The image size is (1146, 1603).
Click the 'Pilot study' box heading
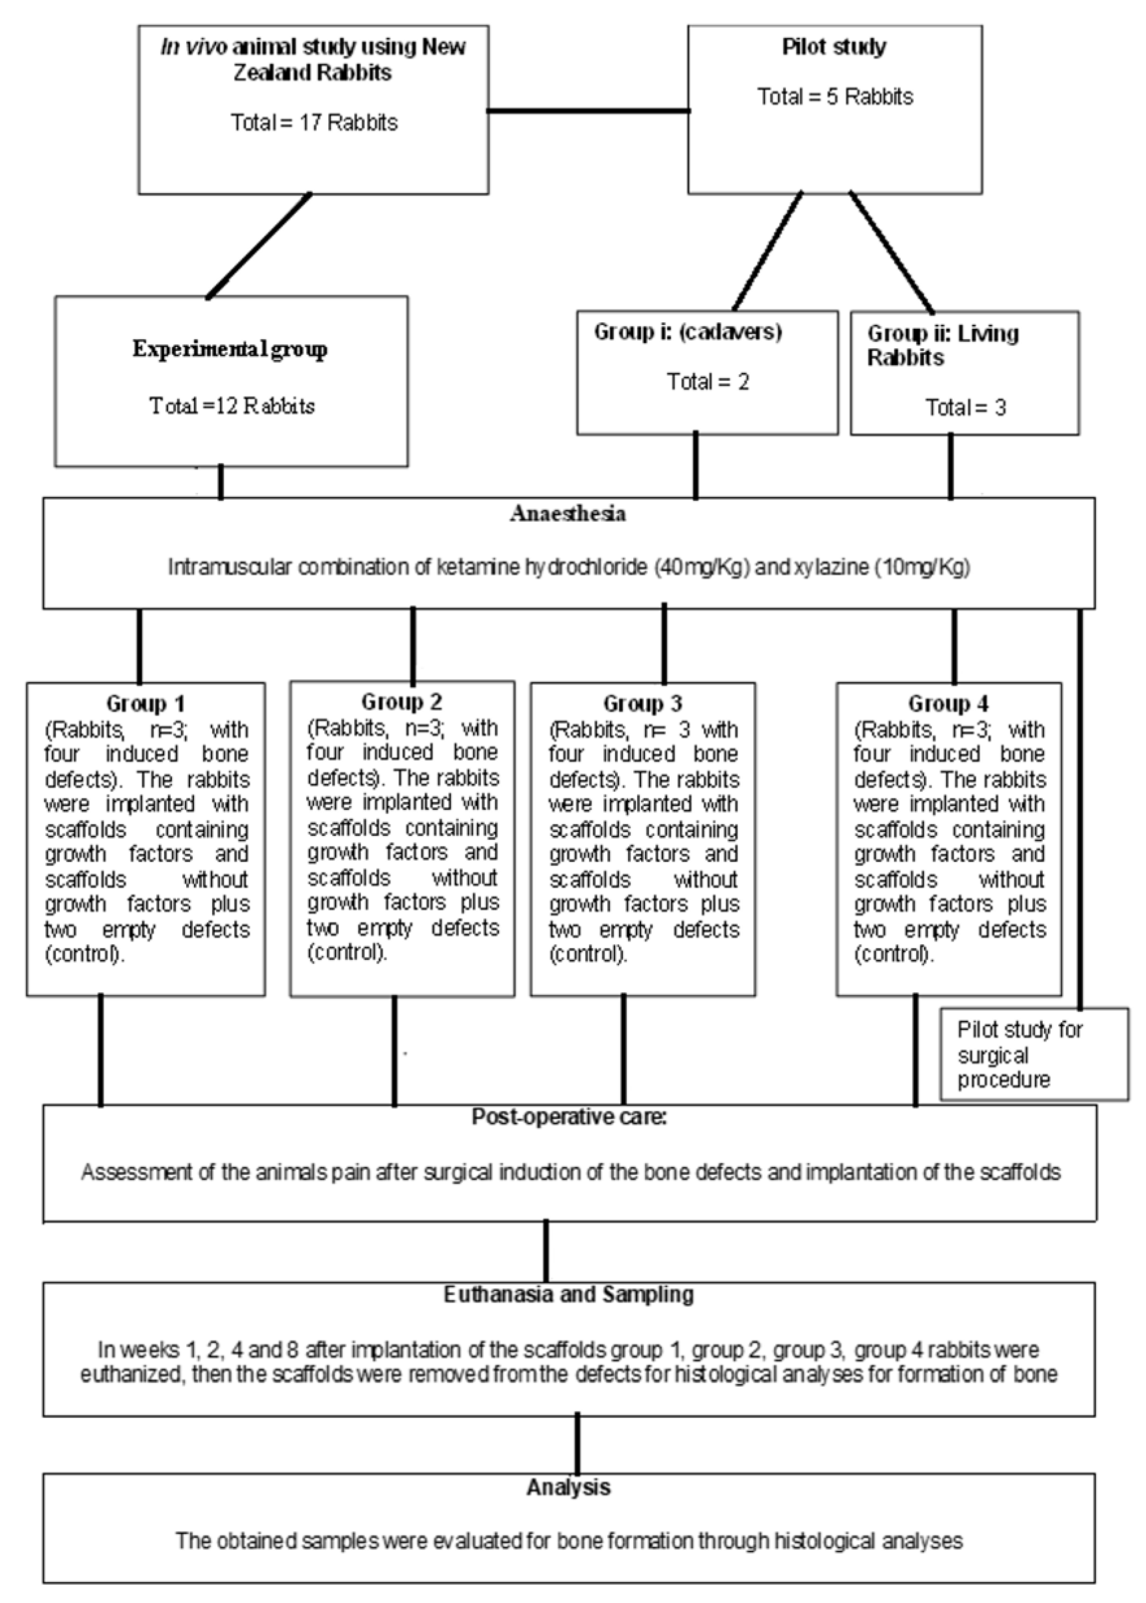pos(834,47)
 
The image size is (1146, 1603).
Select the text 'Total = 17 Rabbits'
pos(314,123)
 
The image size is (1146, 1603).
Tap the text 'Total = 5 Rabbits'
pos(835,97)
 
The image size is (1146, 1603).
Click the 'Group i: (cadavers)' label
pos(688,332)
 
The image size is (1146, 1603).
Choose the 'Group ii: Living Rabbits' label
pos(942,345)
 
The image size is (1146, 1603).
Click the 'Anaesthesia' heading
pos(568,513)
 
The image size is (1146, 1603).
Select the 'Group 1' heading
pos(145,704)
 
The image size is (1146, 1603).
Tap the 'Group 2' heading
pos(402,702)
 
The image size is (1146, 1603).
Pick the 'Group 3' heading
pos(643,704)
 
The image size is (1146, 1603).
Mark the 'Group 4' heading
pos(948,704)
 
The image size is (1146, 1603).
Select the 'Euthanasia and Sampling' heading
pos(569,1295)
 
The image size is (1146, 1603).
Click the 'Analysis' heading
pos(569,1487)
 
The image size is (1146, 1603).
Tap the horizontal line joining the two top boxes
pos(589,111)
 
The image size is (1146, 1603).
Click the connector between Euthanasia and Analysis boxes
pos(578,1444)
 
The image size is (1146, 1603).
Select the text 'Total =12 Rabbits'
pos(231,406)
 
